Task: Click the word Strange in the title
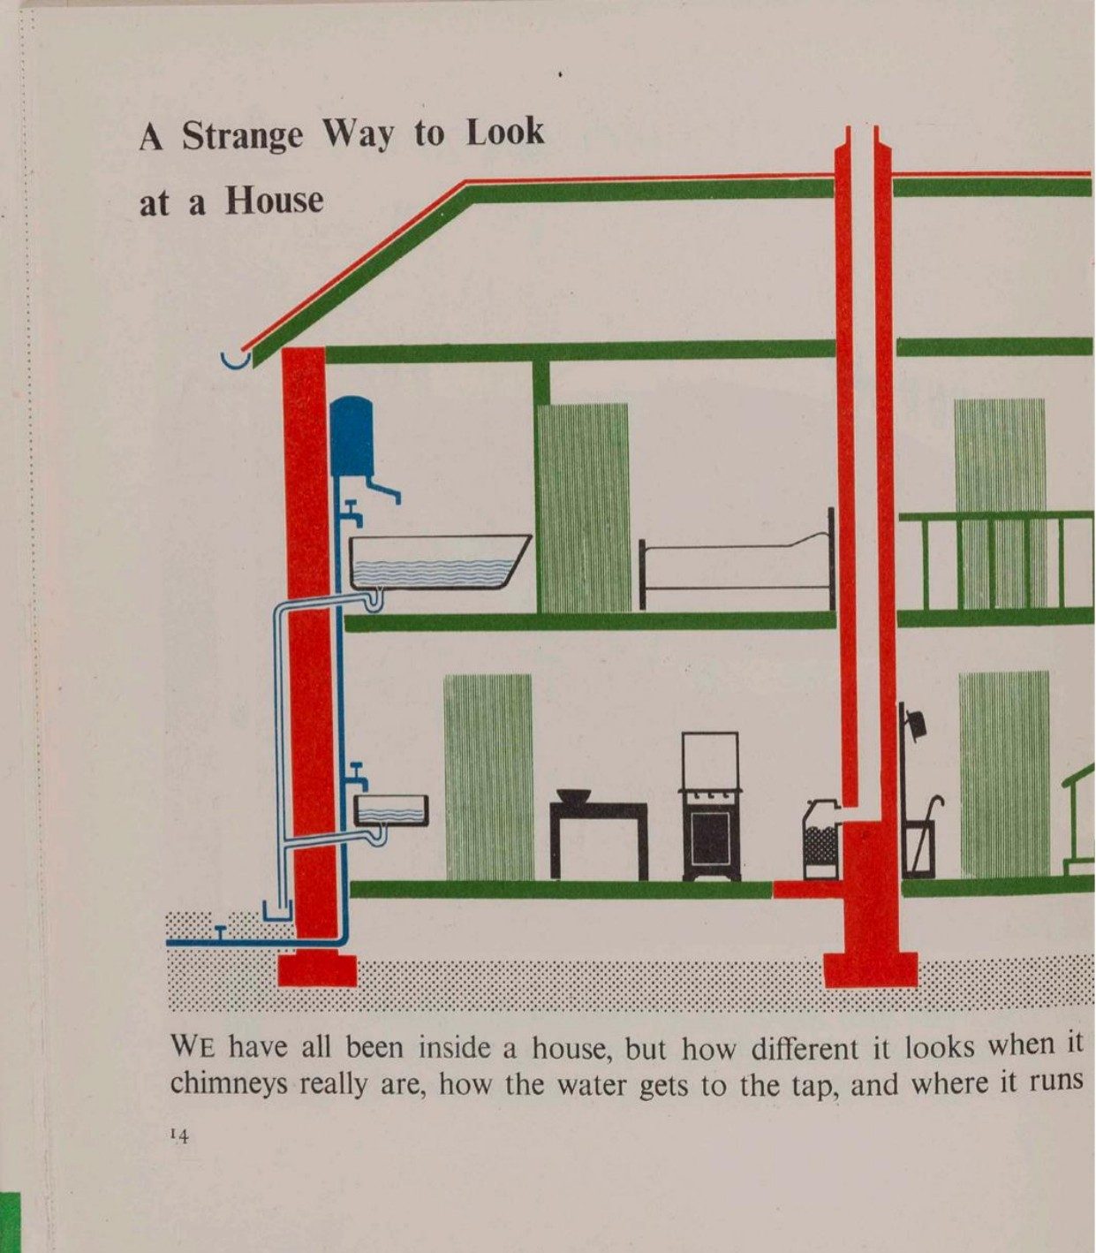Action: pos(242,136)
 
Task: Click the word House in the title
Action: pos(274,201)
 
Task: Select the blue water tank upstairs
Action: pos(351,436)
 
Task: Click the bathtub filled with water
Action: pos(438,563)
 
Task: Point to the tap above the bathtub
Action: pos(351,512)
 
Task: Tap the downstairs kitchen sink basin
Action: pos(391,811)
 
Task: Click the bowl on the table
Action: pos(573,795)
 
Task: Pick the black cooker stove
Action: pos(710,806)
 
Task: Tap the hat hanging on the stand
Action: pos(918,725)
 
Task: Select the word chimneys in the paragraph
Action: pos(229,1084)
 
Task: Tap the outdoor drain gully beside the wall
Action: pos(278,911)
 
